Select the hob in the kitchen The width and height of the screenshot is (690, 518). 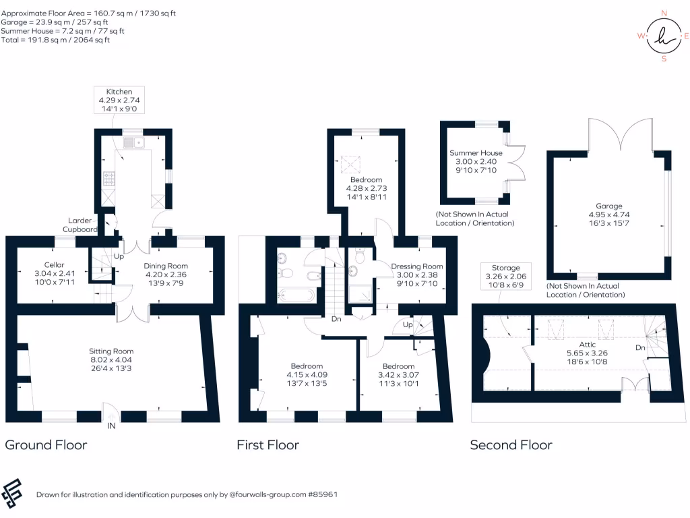[109, 179]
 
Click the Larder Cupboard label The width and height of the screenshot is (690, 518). [81, 225]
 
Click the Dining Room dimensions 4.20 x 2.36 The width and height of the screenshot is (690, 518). [166, 275]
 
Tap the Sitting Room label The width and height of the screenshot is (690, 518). [111, 351]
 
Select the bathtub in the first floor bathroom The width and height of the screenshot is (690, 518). [294, 294]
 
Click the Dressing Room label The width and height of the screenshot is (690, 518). [417, 266]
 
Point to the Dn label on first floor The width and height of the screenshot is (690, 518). [335, 319]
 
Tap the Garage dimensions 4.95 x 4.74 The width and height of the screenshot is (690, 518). [608, 215]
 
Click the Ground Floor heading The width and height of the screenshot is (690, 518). [46, 444]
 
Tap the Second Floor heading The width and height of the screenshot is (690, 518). [511, 444]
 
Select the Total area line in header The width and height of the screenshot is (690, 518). [55, 40]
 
